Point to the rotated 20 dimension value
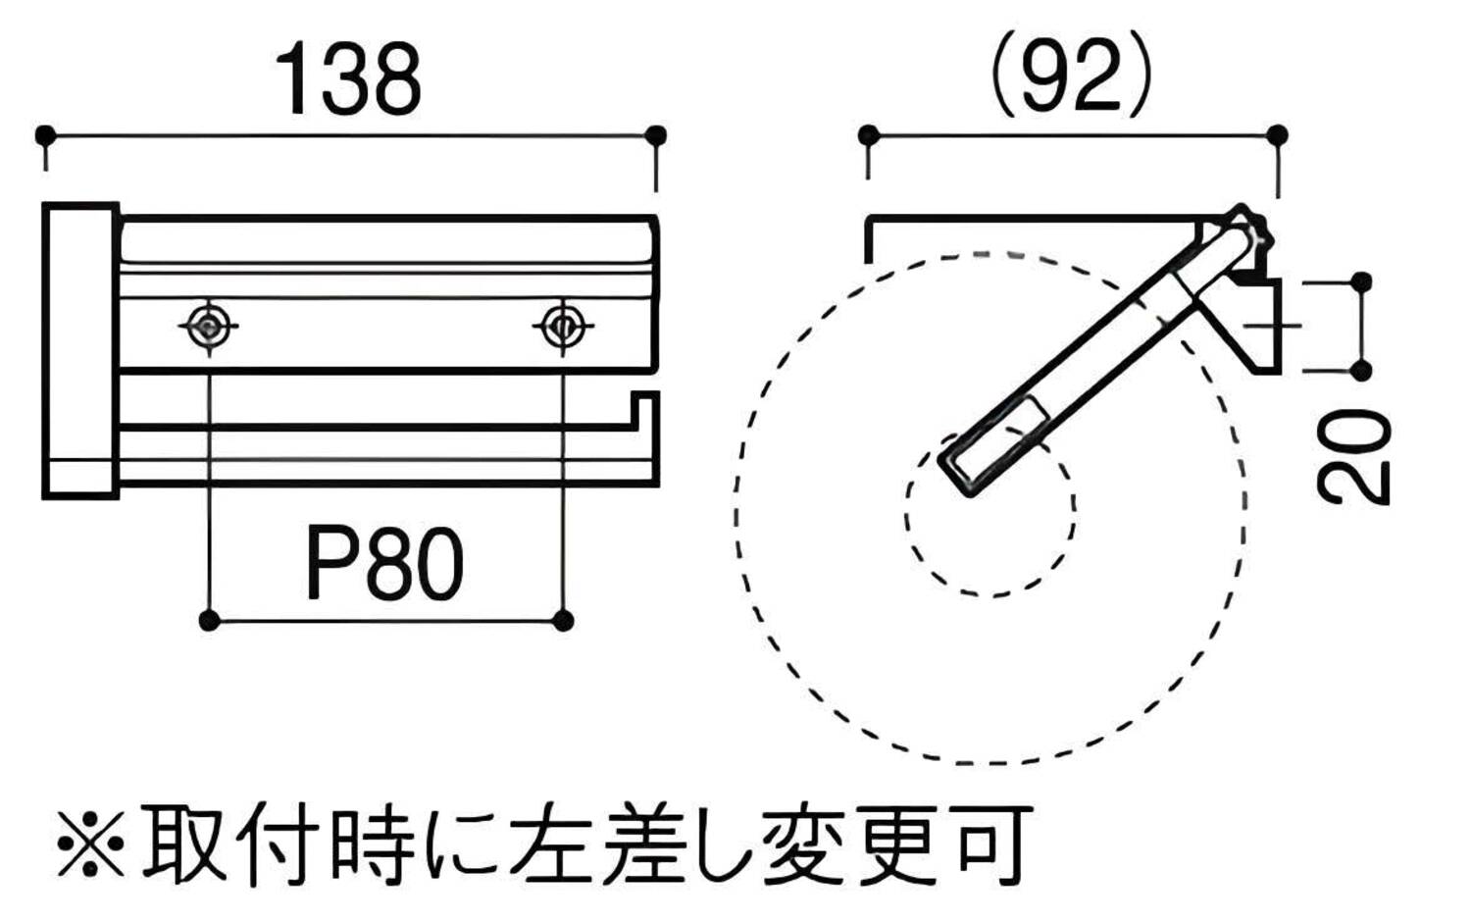tap(1355, 457)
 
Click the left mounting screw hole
tap(209, 324)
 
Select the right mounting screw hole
tap(563, 324)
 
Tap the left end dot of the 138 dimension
tap(44, 134)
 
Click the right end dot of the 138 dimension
tap(657, 134)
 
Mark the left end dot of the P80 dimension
tap(209, 620)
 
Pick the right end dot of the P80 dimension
tap(563, 620)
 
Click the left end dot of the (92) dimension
tap(868, 134)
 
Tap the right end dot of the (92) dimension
tap(1277, 134)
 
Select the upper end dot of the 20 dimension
tap(1361, 282)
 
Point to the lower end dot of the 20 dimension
tap(1361, 370)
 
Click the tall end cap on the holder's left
tap(80, 350)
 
